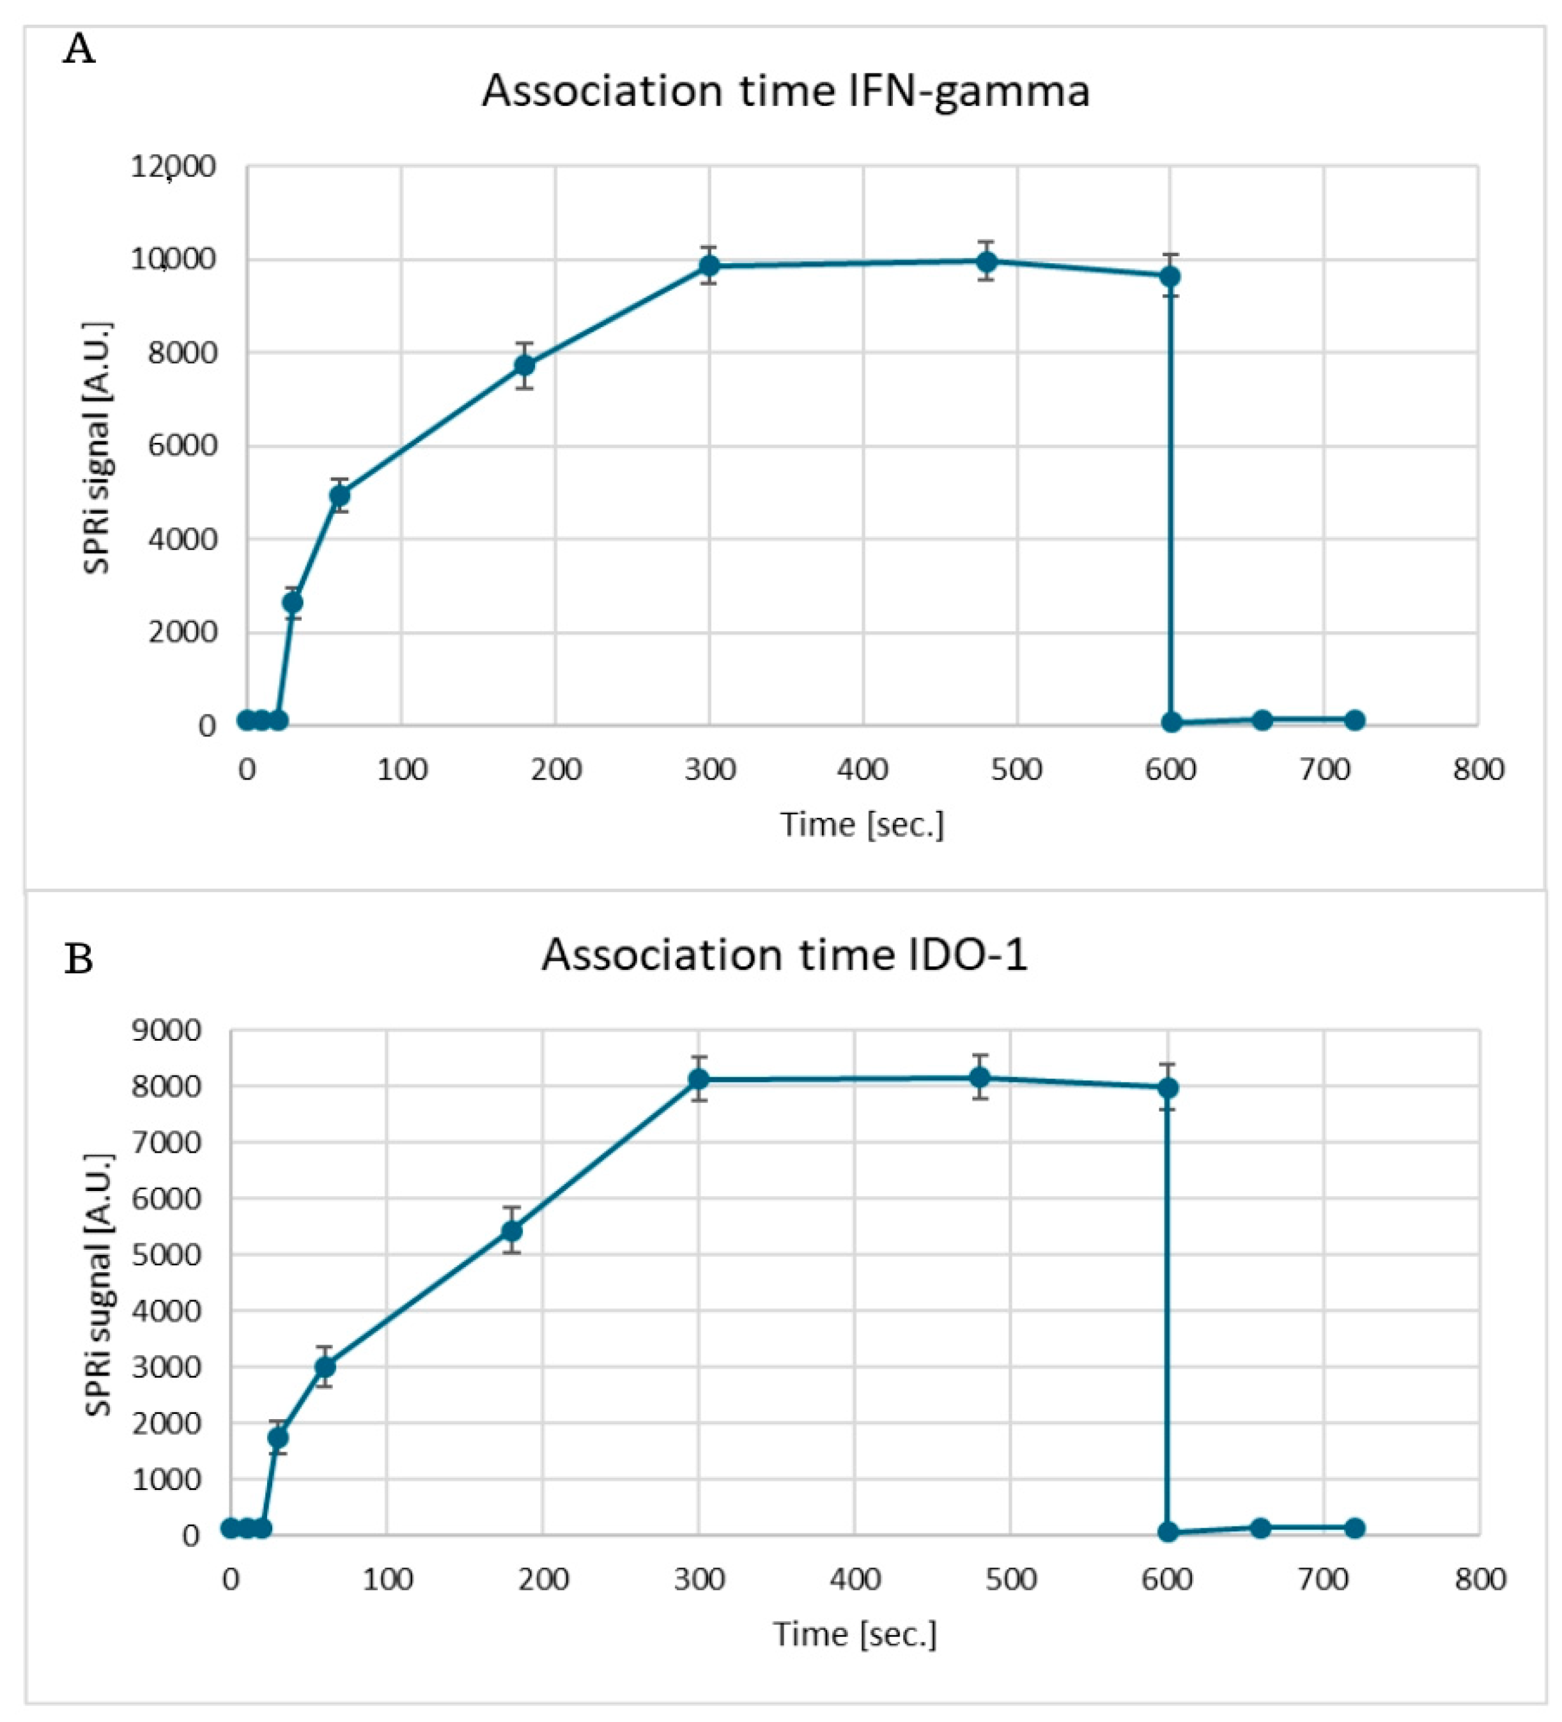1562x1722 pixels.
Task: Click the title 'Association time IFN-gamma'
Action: [785, 91]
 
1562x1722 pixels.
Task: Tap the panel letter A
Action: [79, 50]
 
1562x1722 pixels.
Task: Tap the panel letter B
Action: [79, 959]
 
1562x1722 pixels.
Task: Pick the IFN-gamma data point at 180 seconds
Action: [525, 365]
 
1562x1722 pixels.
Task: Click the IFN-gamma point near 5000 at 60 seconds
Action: [339, 495]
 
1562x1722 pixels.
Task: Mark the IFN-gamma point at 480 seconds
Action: [986, 261]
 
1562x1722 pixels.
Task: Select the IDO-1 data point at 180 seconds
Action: [512, 1231]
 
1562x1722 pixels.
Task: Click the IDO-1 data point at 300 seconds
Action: [699, 1080]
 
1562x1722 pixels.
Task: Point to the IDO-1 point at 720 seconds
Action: [1354, 1528]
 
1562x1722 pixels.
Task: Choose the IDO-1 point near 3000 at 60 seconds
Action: [325, 1367]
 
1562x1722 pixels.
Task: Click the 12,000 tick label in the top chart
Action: [173, 167]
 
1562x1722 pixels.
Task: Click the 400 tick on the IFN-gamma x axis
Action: [862, 769]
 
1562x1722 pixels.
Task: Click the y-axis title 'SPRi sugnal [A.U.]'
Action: [98, 1283]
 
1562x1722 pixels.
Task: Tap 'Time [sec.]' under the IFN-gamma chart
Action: [862, 824]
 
